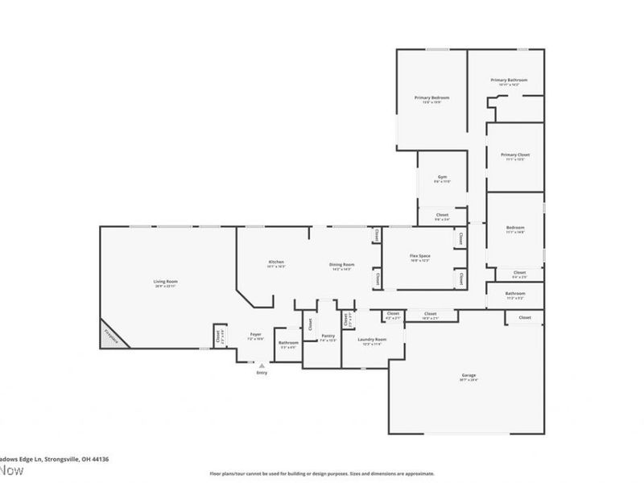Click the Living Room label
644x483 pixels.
click(x=165, y=281)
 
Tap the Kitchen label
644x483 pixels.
click(x=276, y=262)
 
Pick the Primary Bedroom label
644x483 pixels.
click(x=431, y=98)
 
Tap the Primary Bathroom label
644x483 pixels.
click(x=509, y=80)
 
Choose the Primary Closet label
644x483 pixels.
click(x=514, y=155)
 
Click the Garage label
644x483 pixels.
click(x=469, y=376)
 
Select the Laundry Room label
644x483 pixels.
click(x=372, y=340)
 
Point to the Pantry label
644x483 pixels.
click(x=328, y=336)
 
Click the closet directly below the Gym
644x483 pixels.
click(x=442, y=215)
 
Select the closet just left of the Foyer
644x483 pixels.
click(x=217, y=336)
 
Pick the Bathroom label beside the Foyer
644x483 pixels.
click(x=288, y=343)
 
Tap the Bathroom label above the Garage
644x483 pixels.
click(x=515, y=295)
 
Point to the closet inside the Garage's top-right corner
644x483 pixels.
click(x=524, y=318)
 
